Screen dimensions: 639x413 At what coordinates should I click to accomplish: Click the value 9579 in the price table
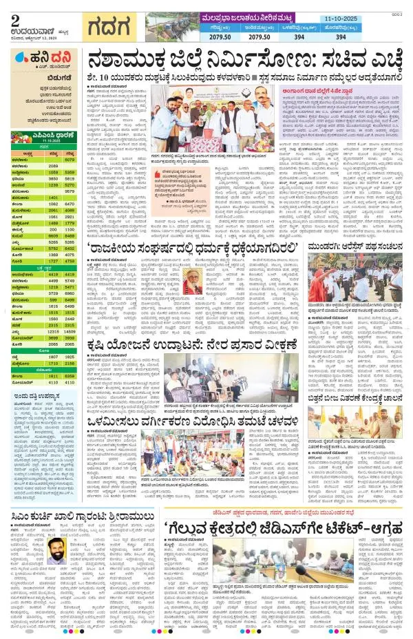point(70,191)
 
